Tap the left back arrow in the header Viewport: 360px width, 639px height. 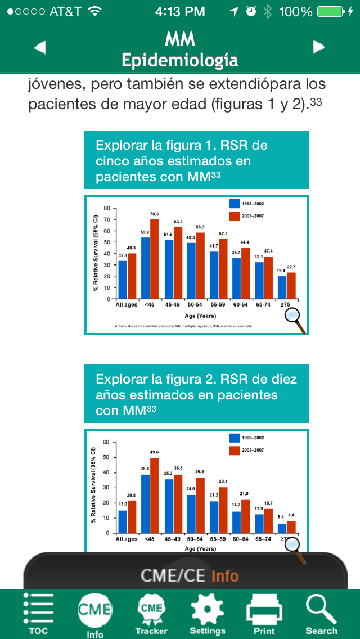click(x=40, y=48)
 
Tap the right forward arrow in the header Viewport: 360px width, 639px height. click(x=319, y=47)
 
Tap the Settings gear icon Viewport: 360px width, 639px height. click(x=208, y=610)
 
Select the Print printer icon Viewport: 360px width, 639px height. click(x=264, y=610)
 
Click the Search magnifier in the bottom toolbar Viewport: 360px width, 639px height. click(x=321, y=610)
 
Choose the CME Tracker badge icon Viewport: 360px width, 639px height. click(x=151, y=610)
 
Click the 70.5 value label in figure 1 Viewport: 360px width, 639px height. click(x=154, y=214)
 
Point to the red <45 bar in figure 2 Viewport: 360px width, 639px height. click(x=154, y=496)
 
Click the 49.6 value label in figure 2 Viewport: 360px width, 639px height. click(x=154, y=452)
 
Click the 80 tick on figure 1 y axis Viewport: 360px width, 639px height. click(x=107, y=209)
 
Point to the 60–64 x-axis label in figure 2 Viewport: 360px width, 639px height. click(x=241, y=539)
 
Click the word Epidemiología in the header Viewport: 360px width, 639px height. click(x=179, y=60)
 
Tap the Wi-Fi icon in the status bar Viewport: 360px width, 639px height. click(x=94, y=11)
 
